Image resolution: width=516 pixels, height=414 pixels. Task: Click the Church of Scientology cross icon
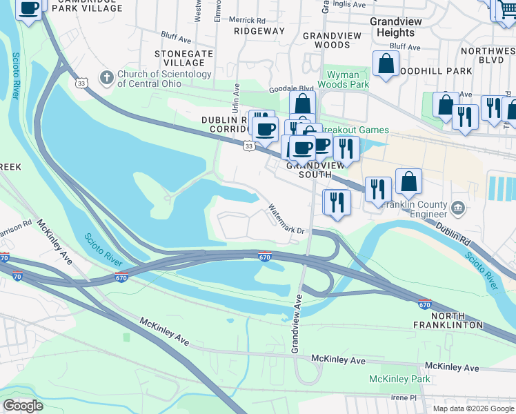tap(106, 78)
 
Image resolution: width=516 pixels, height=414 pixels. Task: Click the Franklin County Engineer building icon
tap(457, 208)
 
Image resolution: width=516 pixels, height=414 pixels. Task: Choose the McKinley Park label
tap(399, 379)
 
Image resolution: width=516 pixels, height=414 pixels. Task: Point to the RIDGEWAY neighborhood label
tap(259, 31)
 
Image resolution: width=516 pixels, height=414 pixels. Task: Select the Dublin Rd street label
tap(453, 235)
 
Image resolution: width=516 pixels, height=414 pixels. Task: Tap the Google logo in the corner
tap(23, 406)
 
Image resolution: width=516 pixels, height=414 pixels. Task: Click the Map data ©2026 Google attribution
tap(473, 408)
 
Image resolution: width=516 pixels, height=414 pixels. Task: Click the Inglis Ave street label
tap(346, 3)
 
